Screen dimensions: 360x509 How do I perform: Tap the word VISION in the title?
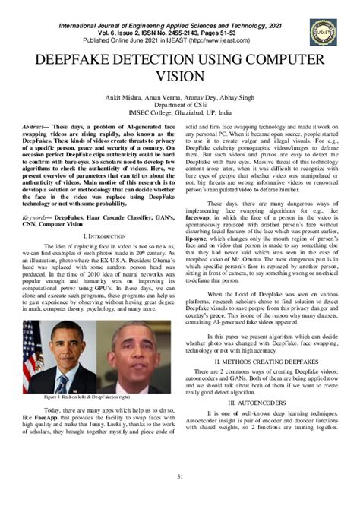coord(179,77)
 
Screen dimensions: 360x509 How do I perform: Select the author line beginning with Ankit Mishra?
coord(180,98)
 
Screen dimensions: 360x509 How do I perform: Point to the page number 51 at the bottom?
coord(180,476)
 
